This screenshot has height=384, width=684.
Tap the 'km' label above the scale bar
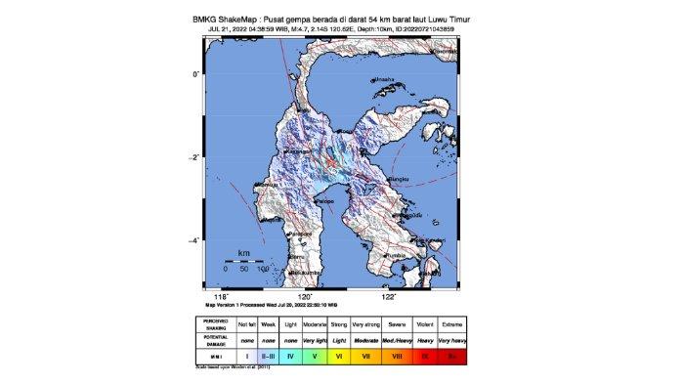[x=244, y=253]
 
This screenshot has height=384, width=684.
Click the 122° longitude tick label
[x=388, y=296]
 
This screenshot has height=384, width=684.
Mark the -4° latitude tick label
[x=194, y=240]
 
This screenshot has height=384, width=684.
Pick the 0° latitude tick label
[x=196, y=73]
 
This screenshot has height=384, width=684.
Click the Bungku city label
[x=399, y=180]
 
